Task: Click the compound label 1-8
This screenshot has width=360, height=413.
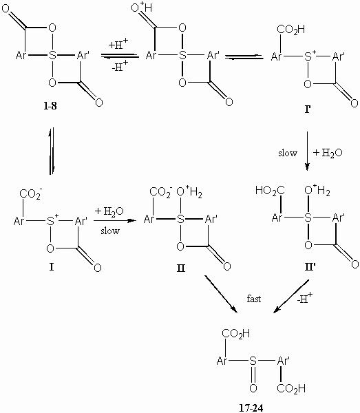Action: (x=50, y=106)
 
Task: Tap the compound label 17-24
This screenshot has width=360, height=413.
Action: (x=251, y=408)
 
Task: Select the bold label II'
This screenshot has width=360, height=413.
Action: (x=310, y=267)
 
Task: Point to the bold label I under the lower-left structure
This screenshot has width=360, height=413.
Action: (x=52, y=267)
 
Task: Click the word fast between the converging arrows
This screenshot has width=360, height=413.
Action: (x=254, y=299)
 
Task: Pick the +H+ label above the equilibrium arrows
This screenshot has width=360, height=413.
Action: (x=118, y=44)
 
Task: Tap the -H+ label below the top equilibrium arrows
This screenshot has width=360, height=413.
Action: (x=120, y=67)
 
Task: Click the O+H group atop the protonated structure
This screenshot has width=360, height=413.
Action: (x=141, y=8)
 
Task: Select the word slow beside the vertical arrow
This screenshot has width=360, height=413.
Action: (x=288, y=153)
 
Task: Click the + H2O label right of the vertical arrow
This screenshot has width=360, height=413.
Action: (x=328, y=153)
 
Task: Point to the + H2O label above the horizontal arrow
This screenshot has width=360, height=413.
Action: (x=109, y=211)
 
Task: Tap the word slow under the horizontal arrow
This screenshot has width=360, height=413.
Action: (x=110, y=231)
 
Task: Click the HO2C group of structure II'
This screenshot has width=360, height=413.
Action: (x=270, y=191)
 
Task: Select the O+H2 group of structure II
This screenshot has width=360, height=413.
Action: (x=189, y=192)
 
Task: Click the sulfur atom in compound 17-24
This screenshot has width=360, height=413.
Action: (x=253, y=361)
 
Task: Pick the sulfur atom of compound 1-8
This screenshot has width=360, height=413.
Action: (x=53, y=55)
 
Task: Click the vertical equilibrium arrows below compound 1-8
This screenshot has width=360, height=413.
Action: (x=52, y=151)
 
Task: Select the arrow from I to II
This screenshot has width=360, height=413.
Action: (x=115, y=220)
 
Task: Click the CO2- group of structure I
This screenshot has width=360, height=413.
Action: (x=30, y=194)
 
